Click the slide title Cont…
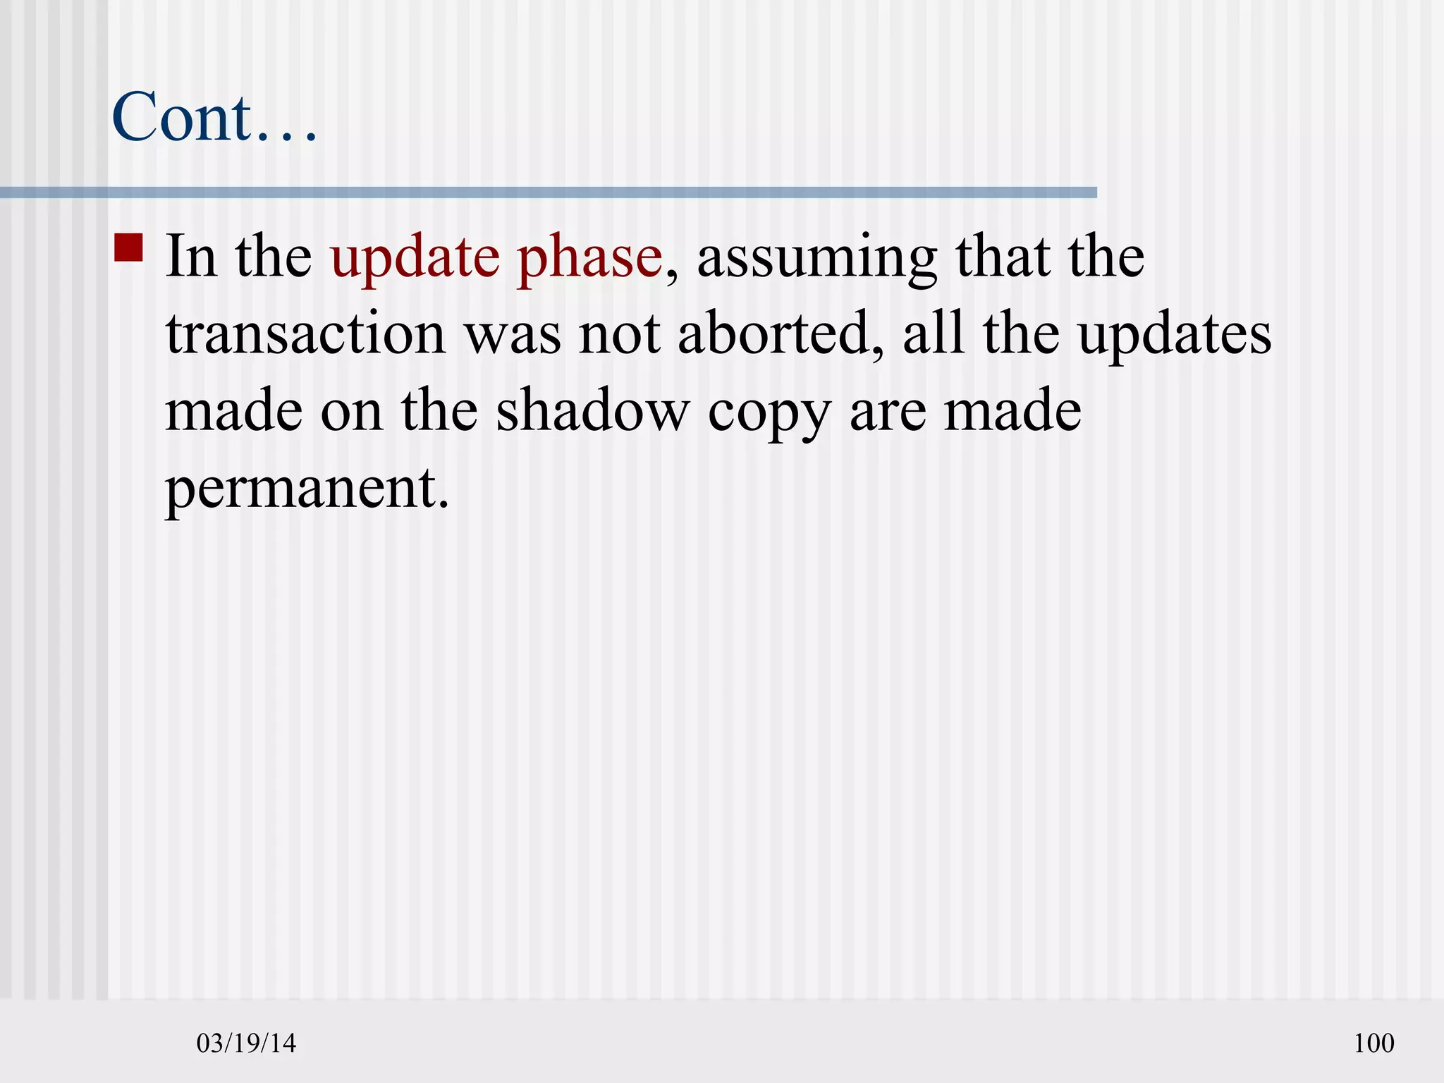pos(214,117)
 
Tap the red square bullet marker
pos(128,248)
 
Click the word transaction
pos(305,334)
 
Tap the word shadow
pos(592,412)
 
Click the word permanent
pos(307,489)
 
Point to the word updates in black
pos(1175,336)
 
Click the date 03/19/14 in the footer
pos(246,1043)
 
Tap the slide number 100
pos(1373,1043)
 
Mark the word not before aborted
pos(620,336)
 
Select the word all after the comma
pos(934,334)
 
